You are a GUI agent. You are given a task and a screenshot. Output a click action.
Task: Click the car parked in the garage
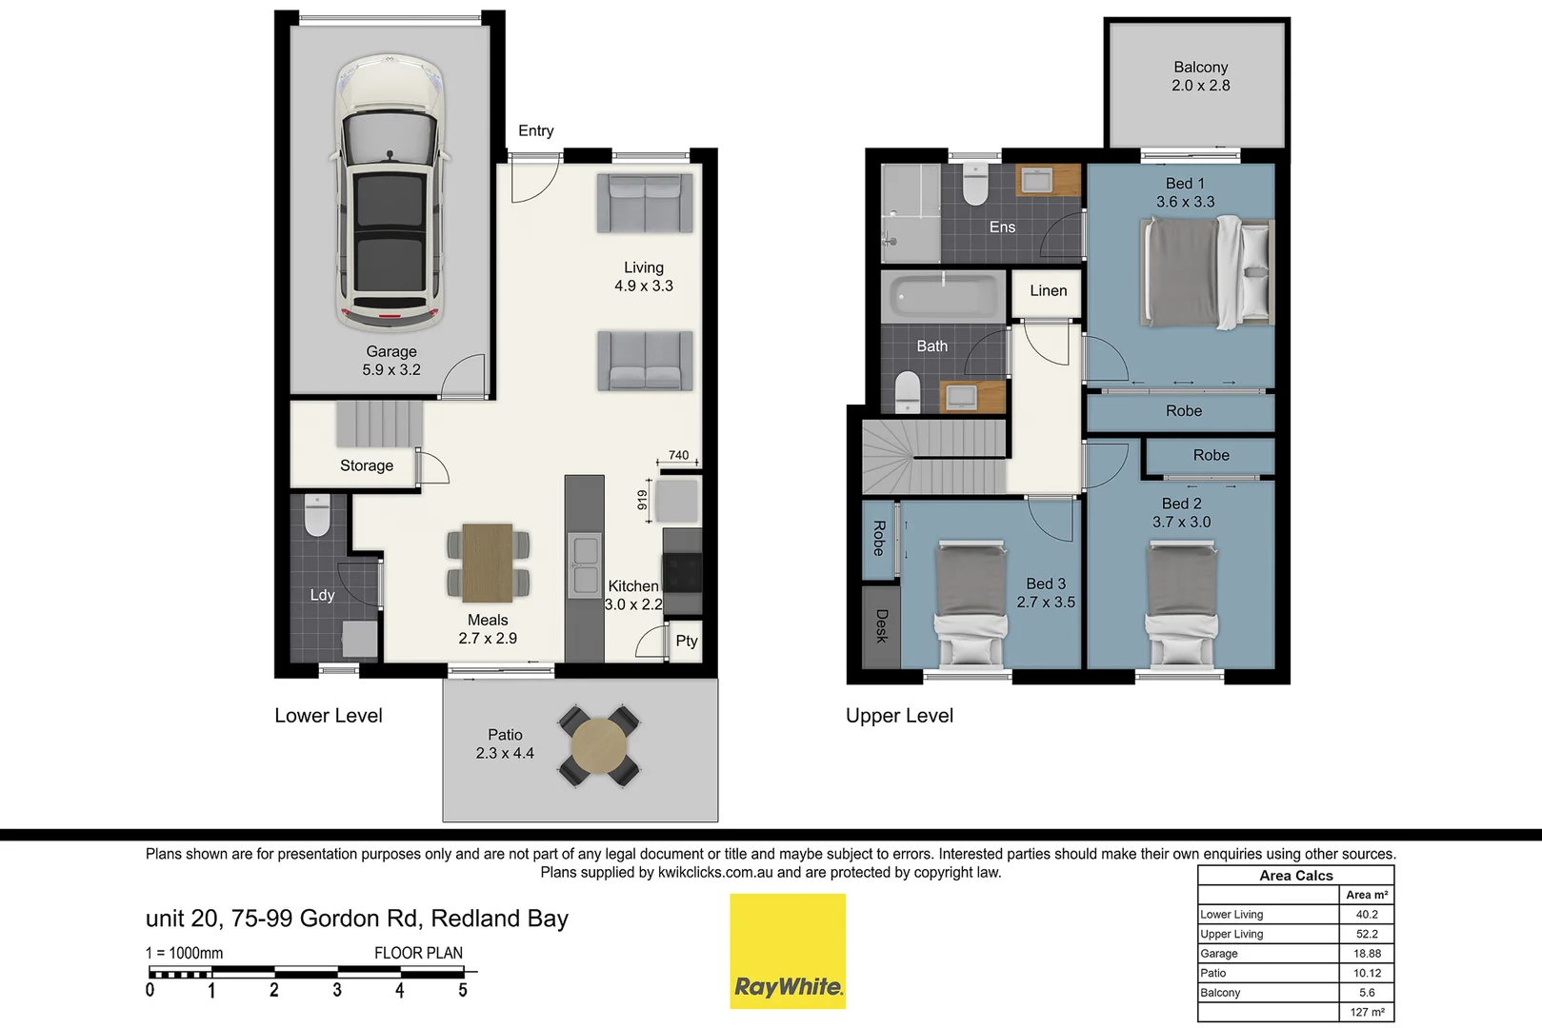pyautogui.click(x=390, y=190)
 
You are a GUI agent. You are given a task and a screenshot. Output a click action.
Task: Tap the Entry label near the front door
pyautogui.click(x=535, y=130)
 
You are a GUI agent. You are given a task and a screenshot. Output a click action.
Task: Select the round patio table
pyautogui.click(x=599, y=745)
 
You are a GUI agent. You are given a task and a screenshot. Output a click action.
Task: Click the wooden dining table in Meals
pyautogui.click(x=488, y=563)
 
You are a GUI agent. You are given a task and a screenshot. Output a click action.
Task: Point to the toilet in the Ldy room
pyautogui.click(x=316, y=515)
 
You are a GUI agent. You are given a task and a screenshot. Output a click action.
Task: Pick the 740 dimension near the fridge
pyautogui.click(x=678, y=455)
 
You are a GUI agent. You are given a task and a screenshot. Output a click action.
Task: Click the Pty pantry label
pyautogui.click(x=686, y=641)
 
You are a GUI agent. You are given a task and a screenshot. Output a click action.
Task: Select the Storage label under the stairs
pyautogui.click(x=367, y=465)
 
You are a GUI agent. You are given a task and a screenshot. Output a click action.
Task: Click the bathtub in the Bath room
pyautogui.click(x=943, y=296)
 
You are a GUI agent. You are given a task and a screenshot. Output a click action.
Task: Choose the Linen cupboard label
pyautogui.click(x=1048, y=290)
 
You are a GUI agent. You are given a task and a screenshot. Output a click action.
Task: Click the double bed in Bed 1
pyautogui.click(x=1206, y=272)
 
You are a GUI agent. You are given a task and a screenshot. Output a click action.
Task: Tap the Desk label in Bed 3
pyautogui.click(x=881, y=625)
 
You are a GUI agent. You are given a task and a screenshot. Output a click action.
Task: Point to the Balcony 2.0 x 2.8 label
pyautogui.click(x=1200, y=76)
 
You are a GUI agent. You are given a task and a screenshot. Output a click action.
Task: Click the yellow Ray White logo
pyautogui.click(x=788, y=951)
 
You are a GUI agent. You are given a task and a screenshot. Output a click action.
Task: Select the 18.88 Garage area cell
pyautogui.click(x=1367, y=953)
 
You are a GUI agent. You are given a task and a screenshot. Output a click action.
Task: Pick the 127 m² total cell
pyautogui.click(x=1367, y=1012)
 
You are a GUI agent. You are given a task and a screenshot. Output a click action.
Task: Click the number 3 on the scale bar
pyautogui.click(x=336, y=991)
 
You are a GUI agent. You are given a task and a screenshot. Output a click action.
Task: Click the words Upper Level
pyautogui.click(x=899, y=716)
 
